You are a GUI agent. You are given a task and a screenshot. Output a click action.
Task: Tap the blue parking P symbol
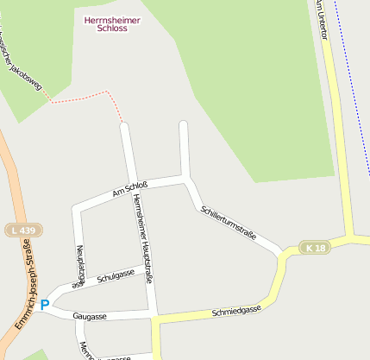click(45, 305)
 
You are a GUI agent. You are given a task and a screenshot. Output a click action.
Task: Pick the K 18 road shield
click(317, 248)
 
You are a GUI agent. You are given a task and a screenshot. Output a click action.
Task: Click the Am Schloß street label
click(130, 188)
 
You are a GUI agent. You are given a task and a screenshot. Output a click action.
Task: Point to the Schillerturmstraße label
click(228, 223)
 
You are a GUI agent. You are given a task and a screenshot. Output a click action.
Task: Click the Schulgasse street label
click(116, 275)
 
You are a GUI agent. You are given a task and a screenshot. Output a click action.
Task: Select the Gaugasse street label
click(90, 316)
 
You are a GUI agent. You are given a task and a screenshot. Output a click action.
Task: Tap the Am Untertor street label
click(323, 13)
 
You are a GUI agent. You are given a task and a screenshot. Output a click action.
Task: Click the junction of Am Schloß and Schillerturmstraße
click(185, 177)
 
